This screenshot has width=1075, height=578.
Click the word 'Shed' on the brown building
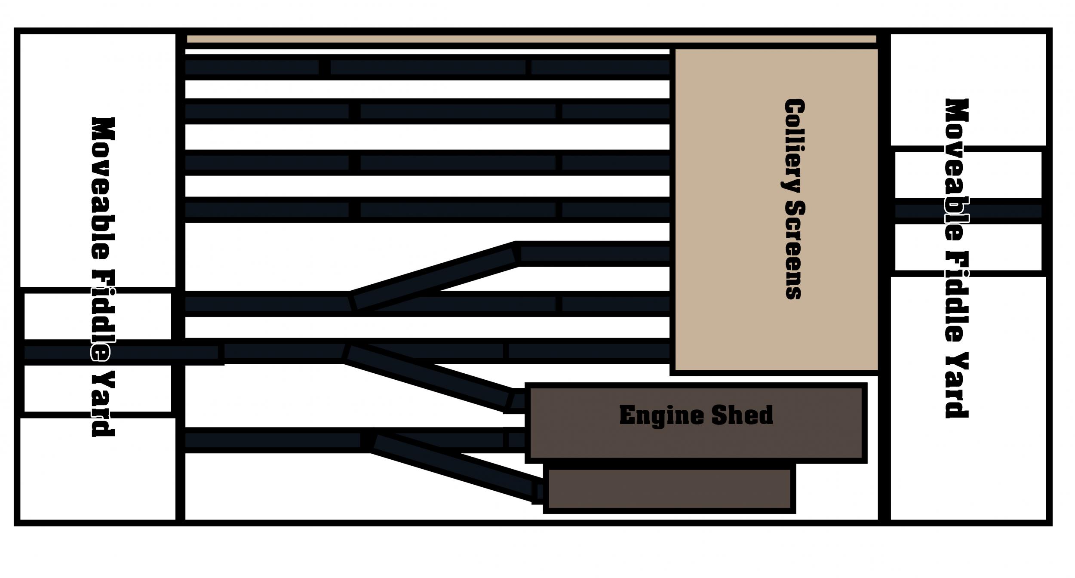point(742,415)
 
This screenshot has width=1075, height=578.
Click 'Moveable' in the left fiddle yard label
point(104,188)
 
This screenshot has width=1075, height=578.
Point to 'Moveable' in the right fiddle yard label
point(957,170)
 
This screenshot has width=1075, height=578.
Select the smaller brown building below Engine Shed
point(670,489)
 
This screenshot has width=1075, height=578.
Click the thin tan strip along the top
point(531,39)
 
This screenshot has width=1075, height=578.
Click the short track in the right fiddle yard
point(968,211)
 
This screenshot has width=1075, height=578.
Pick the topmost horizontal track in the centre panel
point(427,67)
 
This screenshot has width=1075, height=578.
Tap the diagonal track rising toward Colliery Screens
point(434,276)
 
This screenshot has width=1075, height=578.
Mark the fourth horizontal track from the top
point(427,210)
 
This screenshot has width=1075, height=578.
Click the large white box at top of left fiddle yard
point(98,160)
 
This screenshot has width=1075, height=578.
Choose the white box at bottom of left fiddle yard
point(98,469)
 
